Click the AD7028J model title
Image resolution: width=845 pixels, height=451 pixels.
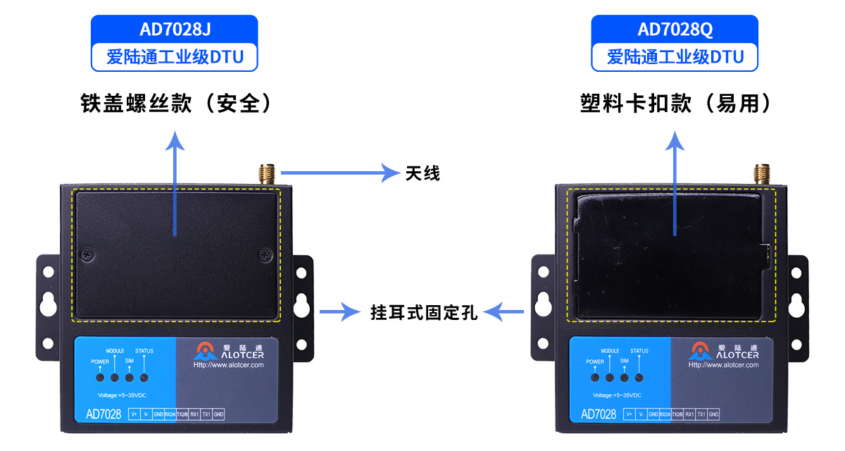[174, 30]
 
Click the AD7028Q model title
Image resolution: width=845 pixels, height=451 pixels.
[674, 30]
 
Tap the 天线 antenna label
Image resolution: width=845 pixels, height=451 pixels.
[423, 173]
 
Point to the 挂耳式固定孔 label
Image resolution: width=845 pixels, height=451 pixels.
[424, 312]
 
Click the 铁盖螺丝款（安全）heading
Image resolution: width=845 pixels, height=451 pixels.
[176, 104]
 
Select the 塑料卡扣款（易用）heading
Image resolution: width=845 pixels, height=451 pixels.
[675, 104]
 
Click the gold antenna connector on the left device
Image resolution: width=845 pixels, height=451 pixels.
[267, 174]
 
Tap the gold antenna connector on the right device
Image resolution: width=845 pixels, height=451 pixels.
[761, 174]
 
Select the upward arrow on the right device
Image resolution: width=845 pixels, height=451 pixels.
[675, 183]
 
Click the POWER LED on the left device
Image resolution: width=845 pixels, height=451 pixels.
[101, 378]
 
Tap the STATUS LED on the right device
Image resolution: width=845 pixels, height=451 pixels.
[639, 378]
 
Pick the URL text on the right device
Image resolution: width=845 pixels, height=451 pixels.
[723, 365]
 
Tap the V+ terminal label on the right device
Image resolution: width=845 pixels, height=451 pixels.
[629, 414]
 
